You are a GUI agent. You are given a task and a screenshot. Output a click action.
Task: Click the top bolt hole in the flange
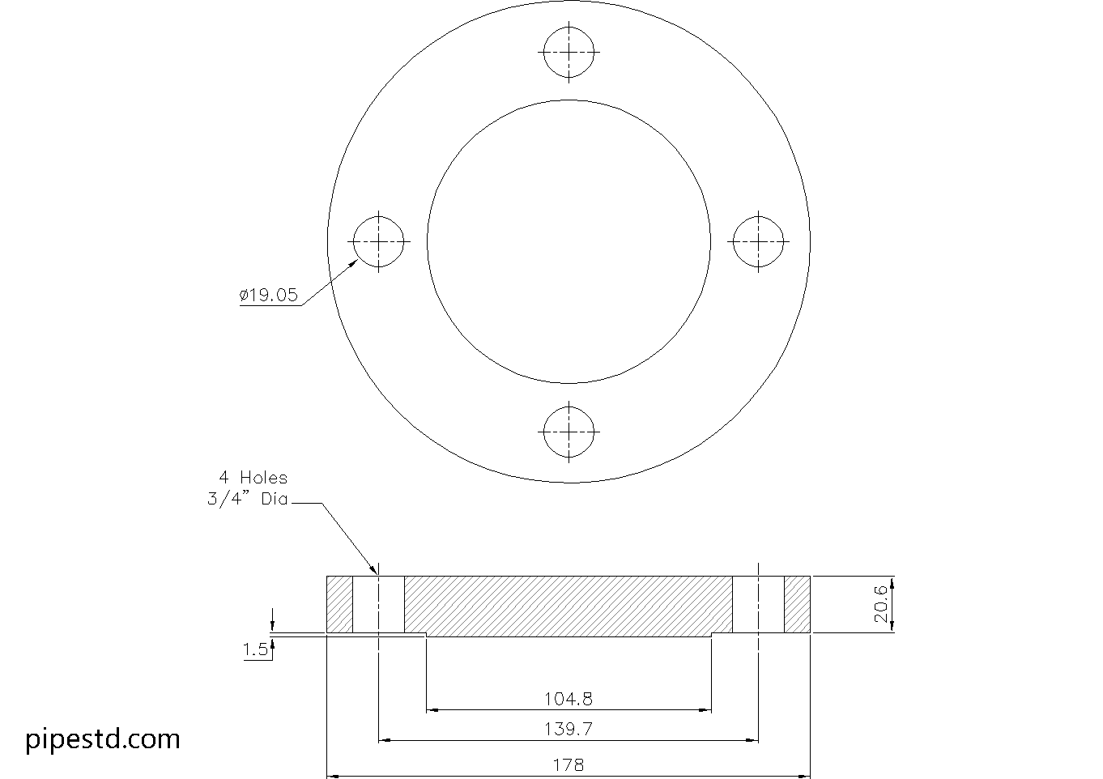pyautogui.click(x=569, y=52)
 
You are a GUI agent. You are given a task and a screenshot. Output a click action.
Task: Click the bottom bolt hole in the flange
pyautogui.click(x=569, y=431)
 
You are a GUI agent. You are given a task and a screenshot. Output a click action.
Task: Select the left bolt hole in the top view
pyautogui.click(x=380, y=241)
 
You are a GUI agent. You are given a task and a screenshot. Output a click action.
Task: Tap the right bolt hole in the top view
pyautogui.click(x=759, y=241)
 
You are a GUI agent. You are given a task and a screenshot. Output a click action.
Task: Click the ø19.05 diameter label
pyautogui.click(x=269, y=296)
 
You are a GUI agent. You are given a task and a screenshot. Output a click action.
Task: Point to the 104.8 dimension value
pyautogui.click(x=569, y=699)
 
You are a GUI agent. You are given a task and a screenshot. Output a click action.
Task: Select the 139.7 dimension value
pyautogui.click(x=569, y=729)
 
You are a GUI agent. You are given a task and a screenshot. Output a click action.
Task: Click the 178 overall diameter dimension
pyautogui.click(x=569, y=764)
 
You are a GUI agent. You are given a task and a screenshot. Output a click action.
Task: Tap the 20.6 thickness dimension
pyautogui.click(x=882, y=604)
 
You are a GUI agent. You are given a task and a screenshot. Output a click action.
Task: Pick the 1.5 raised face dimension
pyautogui.click(x=254, y=649)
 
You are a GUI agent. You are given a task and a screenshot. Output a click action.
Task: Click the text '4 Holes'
pyautogui.click(x=252, y=478)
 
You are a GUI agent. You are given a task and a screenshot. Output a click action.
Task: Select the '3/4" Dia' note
pyautogui.click(x=248, y=500)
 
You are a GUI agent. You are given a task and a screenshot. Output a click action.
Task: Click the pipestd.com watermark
pyautogui.click(x=103, y=739)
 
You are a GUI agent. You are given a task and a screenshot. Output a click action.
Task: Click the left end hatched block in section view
pyautogui.click(x=340, y=604)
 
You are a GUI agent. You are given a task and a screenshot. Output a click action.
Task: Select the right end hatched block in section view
pyautogui.click(x=798, y=604)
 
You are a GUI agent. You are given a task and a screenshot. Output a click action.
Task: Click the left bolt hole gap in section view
pyautogui.click(x=379, y=604)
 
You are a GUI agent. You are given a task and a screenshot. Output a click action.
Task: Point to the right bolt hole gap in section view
pyautogui.click(x=759, y=604)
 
